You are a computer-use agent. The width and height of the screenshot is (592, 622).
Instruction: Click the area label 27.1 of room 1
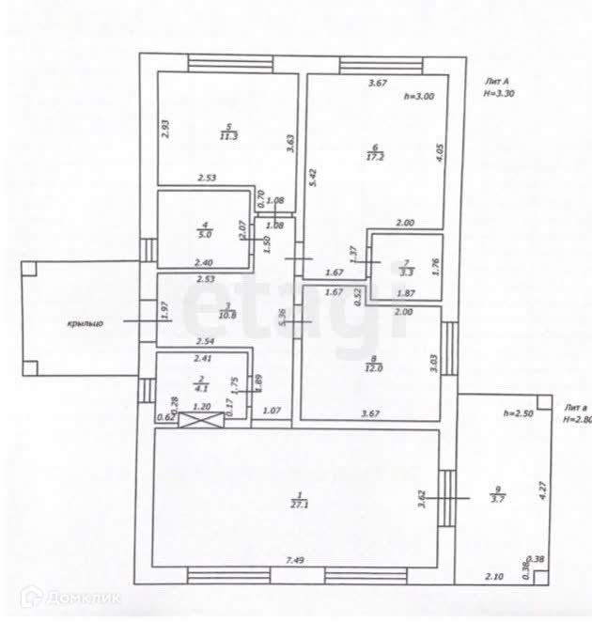pyautogui.click(x=300, y=504)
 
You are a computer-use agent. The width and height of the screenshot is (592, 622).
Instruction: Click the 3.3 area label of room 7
pyautogui.click(x=405, y=272)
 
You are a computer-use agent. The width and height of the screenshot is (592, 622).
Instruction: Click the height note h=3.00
pyautogui.click(x=419, y=97)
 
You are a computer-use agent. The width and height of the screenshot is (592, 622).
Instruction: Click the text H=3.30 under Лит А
pyautogui.click(x=500, y=94)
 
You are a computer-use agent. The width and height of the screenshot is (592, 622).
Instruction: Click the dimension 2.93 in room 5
pyautogui.click(x=164, y=128)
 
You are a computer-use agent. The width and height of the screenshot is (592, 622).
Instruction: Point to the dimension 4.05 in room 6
pyautogui.click(x=439, y=154)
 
